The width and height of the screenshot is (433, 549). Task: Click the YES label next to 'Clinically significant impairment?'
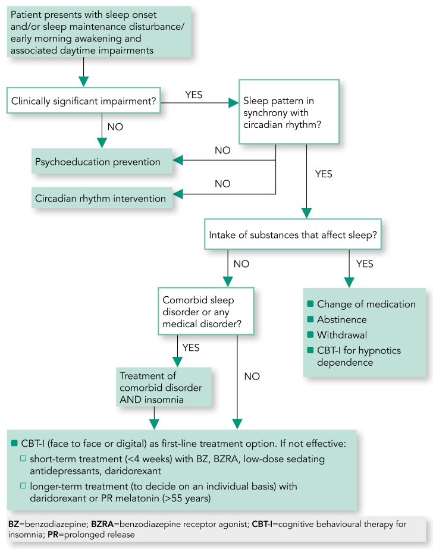[x=194, y=93]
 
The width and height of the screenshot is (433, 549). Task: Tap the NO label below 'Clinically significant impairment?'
[x=115, y=126]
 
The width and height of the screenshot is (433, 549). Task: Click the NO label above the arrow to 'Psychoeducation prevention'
[x=222, y=151]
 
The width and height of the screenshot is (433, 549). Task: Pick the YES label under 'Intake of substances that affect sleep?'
[x=365, y=263]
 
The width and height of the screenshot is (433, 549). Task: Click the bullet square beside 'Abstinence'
[x=310, y=319]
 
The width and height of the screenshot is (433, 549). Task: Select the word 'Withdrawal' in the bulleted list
[x=342, y=334]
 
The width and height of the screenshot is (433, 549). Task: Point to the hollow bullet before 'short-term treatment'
[x=24, y=458]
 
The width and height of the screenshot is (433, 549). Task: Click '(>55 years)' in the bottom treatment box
[x=189, y=497]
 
